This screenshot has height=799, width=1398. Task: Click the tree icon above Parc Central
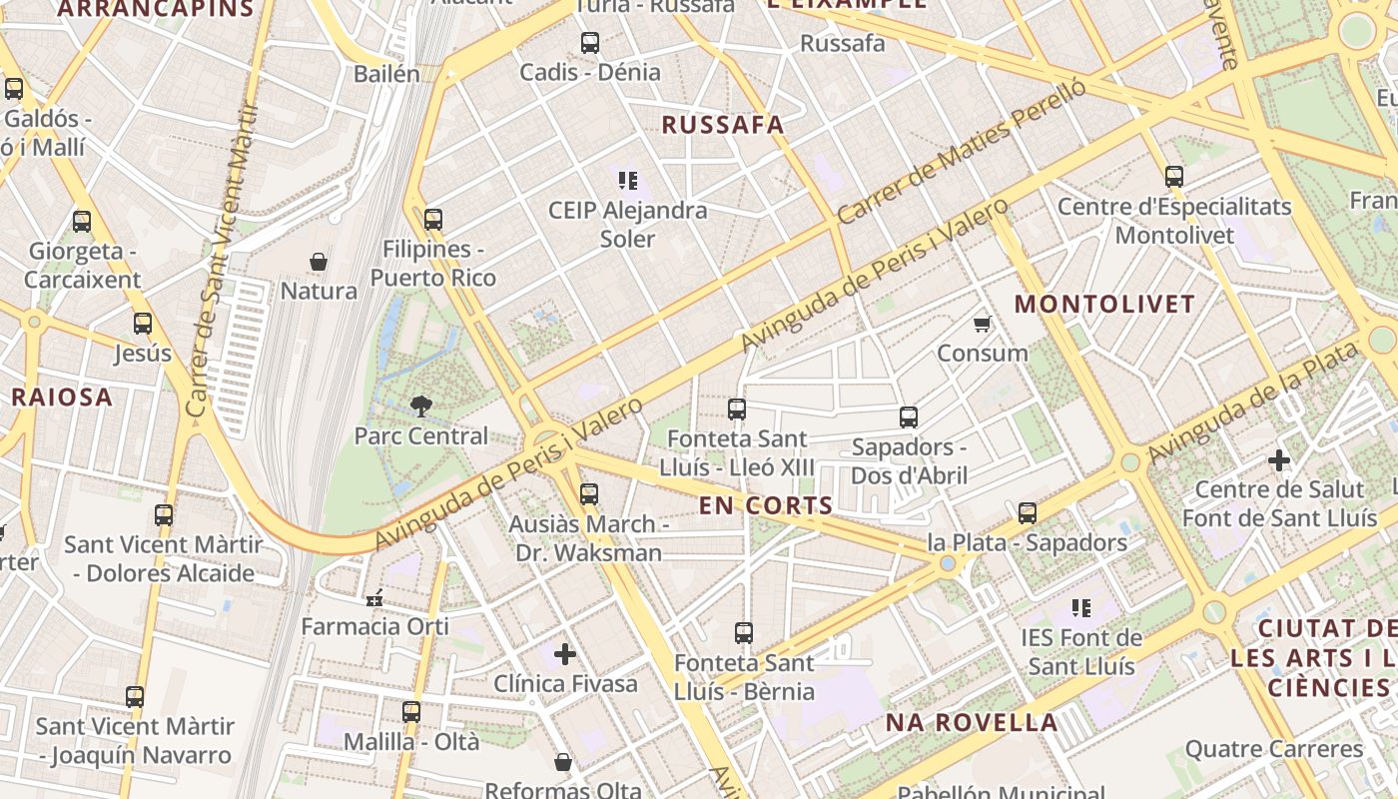tap(421, 405)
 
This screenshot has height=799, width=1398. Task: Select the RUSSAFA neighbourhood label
tap(723, 125)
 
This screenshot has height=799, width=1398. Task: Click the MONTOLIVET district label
tap(1104, 305)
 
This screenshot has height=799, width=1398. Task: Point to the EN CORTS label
tap(766, 505)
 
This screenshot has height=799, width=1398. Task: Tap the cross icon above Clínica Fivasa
tap(565, 654)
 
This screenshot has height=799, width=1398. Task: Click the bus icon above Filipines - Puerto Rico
tap(433, 219)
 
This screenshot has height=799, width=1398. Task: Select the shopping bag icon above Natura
tap(319, 262)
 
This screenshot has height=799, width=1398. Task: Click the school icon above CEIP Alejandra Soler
tap(628, 180)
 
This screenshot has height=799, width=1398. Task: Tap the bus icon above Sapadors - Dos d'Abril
tap(909, 416)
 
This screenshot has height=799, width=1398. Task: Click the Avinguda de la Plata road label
tap(1254, 401)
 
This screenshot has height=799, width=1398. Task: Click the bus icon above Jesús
tap(143, 323)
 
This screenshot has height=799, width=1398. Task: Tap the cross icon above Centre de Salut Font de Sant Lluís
tap(1279, 460)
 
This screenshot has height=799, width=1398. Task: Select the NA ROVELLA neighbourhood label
tap(971, 722)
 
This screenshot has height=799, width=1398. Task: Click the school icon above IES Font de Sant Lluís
tap(1080, 607)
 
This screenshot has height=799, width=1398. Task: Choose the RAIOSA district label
tap(62, 397)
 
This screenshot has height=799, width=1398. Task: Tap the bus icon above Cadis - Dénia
tap(590, 42)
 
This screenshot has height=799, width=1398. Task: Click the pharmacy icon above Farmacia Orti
tap(375, 598)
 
